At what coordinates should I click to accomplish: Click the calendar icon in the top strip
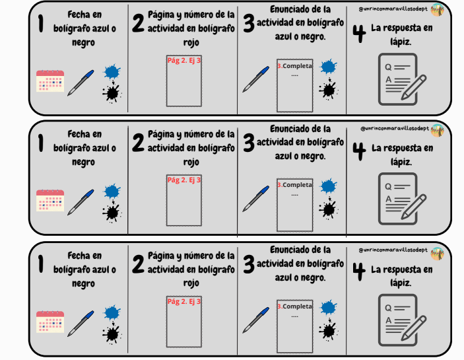pos(50,81)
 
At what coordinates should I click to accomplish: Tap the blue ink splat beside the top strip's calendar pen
pos(112,71)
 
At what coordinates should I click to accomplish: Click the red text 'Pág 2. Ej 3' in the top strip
pos(183,60)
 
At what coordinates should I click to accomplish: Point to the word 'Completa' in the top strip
pos(297,66)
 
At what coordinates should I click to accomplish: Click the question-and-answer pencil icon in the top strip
pos(402,79)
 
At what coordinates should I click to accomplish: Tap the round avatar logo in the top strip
pos(437,10)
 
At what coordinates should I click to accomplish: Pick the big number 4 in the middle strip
pos(359,151)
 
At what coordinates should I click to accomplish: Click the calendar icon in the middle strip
pos(50,200)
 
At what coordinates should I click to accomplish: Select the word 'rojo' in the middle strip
pos(191,162)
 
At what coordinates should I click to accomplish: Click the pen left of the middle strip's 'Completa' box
pos(256,199)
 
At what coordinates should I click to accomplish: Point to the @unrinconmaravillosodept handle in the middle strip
pos(395,129)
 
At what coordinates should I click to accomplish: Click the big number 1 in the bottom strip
pos(41,264)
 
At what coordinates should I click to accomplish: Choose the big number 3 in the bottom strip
pos(249,264)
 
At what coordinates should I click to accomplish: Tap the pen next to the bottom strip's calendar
pos(81,324)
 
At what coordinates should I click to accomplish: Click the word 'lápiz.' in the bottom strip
pos(401,283)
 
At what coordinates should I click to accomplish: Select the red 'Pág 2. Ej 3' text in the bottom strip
pos(183,301)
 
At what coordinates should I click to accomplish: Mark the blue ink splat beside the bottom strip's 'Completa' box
pos(329,307)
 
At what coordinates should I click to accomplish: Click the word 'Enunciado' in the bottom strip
pos(292,250)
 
